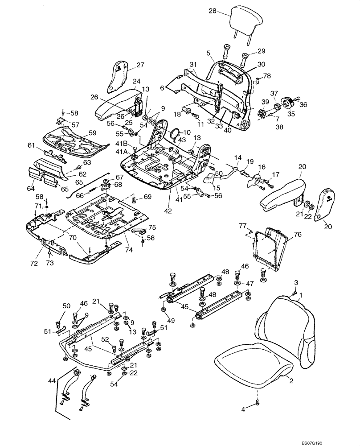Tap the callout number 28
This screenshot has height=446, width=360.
click(x=212, y=11)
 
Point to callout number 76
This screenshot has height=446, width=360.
click(x=298, y=234)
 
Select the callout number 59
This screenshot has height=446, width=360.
click(x=92, y=132)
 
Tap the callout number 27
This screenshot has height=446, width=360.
click(x=140, y=65)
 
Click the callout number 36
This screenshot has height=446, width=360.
click(x=304, y=105)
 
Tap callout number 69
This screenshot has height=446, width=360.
click(x=147, y=197)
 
